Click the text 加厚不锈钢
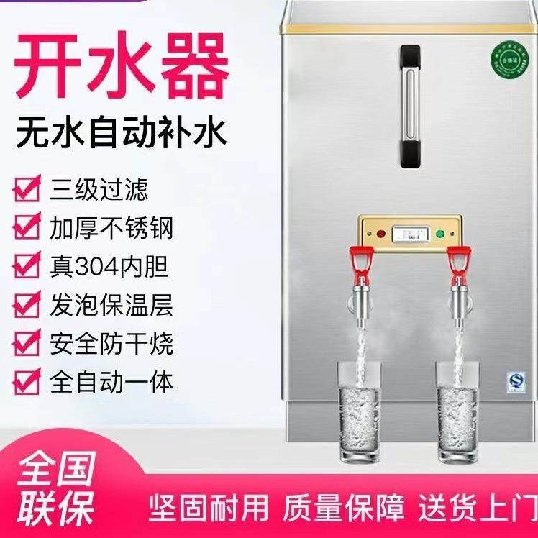point(111,229)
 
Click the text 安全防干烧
point(111,342)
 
